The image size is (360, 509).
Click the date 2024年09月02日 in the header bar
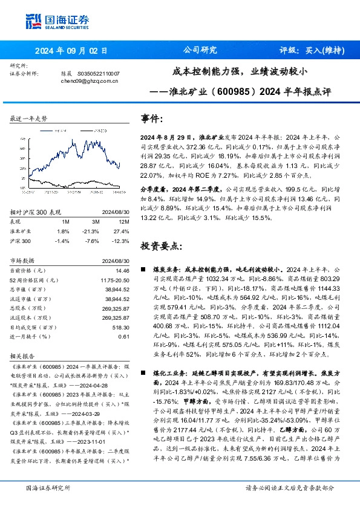point(71,51)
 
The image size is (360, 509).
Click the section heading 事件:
point(152,118)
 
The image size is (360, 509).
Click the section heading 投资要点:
point(160,246)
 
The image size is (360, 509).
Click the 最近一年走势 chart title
point(28,119)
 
